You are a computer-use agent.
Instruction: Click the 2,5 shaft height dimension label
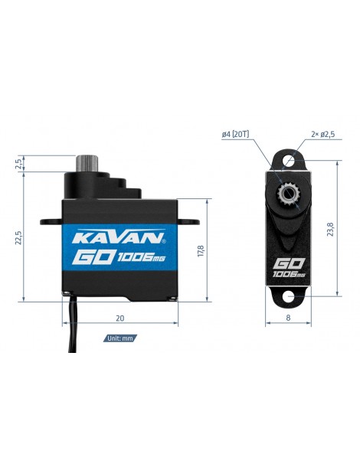18,164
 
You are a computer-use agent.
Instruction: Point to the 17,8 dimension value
201,251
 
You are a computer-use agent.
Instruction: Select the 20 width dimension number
119,318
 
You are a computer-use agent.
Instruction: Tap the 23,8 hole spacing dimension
330,230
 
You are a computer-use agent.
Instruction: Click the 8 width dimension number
288,318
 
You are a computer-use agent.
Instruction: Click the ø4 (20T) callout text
235,135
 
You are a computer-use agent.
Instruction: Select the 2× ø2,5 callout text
322,134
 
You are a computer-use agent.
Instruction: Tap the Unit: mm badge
120,338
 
